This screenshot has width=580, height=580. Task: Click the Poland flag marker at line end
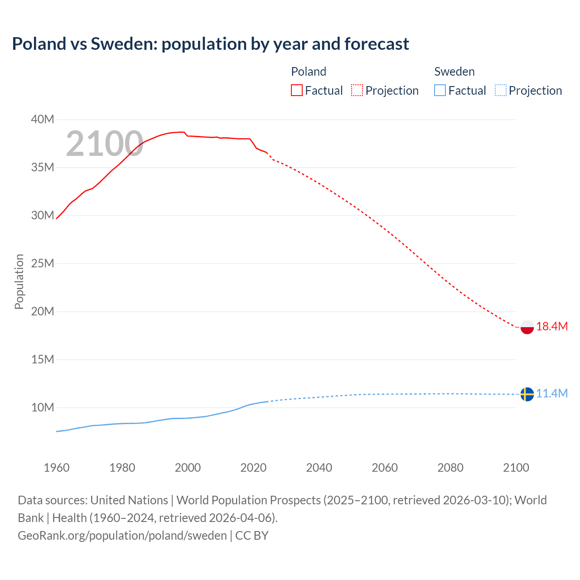[x=527, y=327]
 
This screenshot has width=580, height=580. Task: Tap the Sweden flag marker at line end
[x=527, y=394]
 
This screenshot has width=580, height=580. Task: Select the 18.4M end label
[x=552, y=326]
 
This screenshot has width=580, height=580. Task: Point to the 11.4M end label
[x=552, y=393]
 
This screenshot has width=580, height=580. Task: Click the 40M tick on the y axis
[x=43, y=120]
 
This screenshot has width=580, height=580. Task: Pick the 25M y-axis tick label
[x=43, y=264]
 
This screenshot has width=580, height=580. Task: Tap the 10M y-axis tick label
[x=43, y=407]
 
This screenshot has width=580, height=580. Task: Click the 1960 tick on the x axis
[x=57, y=468]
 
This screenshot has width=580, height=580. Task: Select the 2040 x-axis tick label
[x=319, y=468]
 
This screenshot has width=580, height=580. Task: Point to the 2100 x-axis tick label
[x=516, y=468]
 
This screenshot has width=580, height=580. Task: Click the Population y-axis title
[x=19, y=281]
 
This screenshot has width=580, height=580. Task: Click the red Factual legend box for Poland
[x=296, y=91]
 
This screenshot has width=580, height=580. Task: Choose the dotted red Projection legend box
[x=357, y=91]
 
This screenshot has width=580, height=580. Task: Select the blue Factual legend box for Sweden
[x=440, y=91]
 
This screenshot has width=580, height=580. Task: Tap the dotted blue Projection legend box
[x=501, y=91]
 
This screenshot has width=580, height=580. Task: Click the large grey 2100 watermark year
[x=105, y=144]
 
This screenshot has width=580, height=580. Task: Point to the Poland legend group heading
[x=309, y=72]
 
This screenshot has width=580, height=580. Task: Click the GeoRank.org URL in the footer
[x=122, y=536]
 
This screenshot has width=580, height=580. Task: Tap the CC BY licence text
[x=252, y=536]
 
